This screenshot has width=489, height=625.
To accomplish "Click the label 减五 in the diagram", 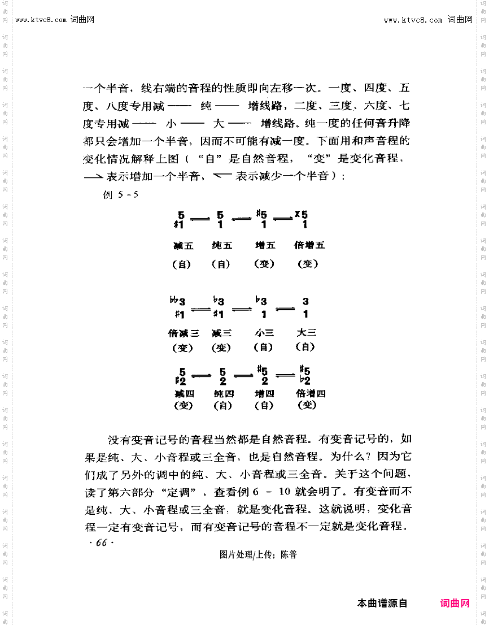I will (184, 245).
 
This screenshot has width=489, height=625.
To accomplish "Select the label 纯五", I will (222, 245).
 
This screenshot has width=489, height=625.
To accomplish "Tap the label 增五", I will (265, 245).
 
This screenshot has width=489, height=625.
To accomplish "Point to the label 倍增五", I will (309, 245).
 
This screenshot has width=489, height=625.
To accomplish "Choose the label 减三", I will (221, 333).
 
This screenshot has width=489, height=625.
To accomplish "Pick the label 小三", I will (264, 333).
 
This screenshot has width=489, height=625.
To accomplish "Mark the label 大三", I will (307, 333).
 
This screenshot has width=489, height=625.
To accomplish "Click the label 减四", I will (184, 393).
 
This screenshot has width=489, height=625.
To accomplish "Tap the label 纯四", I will (222, 393).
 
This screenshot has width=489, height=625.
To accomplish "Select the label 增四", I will (264, 393).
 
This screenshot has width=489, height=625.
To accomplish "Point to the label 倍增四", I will (311, 393).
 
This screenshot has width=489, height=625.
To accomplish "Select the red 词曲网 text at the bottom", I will (455, 604).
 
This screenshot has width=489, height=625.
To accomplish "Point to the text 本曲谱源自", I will (382, 604).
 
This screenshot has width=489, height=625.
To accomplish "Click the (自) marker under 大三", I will (305, 347).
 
